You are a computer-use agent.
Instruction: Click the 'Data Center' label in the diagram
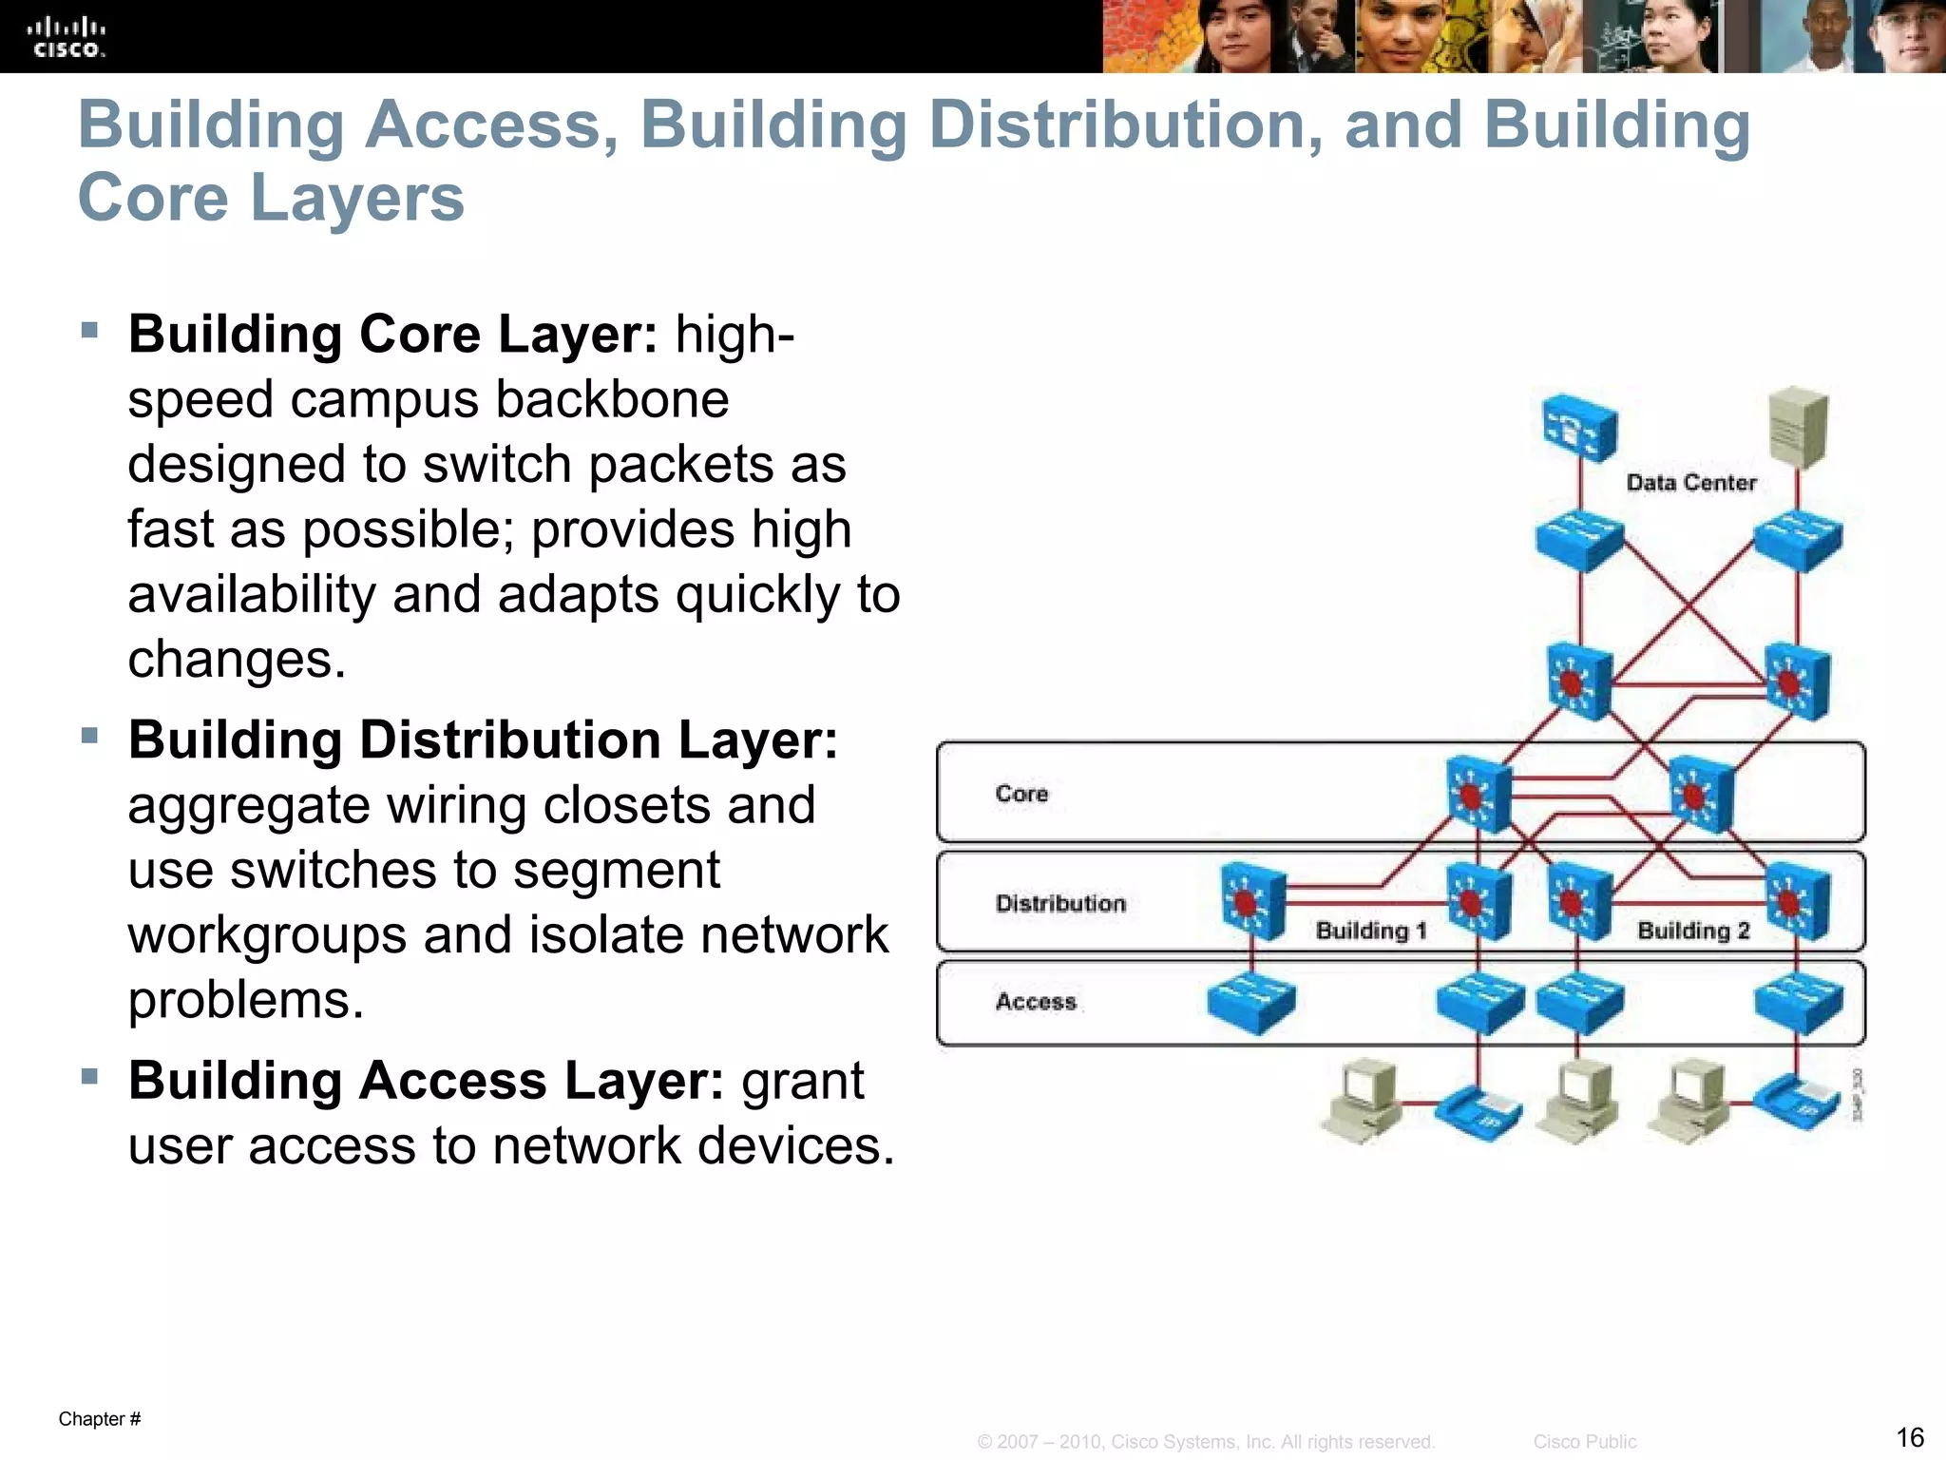click(x=1690, y=483)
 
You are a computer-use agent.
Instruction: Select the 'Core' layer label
click(x=1021, y=794)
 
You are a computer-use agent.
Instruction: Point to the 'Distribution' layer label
click(x=1060, y=903)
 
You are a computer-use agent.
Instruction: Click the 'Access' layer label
click(x=1036, y=1002)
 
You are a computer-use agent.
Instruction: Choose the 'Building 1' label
click(x=1371, y=931)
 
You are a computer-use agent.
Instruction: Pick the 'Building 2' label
click(x=1693, y=931)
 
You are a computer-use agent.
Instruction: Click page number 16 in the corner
click(x=1909, y=1436)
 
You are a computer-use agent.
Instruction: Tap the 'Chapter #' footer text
click(x=100, y=1419)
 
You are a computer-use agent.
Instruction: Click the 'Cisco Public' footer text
click(x=1584, y=1442)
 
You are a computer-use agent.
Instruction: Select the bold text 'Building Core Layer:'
click(x=392, y=335)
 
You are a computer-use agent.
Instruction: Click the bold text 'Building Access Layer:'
click(x=426, y=1081)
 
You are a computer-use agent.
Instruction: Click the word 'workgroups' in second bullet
click(x=268, y=935)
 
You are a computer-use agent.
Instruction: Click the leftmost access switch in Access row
click(x=1250, y=1004)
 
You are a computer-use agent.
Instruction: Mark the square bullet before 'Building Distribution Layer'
click(x=90, y=736)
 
